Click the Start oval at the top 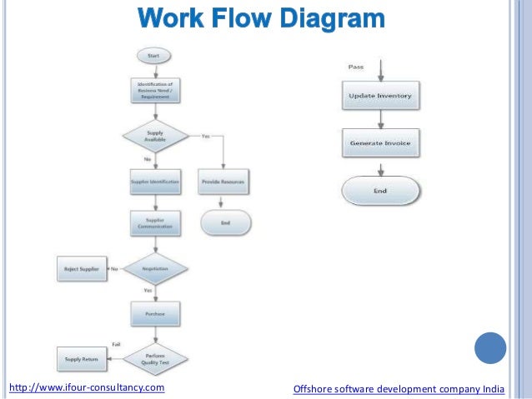tap(154, 57)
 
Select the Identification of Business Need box tap(154, 90)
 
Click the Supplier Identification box tap(155, 181)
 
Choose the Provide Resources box tap(224, 181)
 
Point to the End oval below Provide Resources tap(225, 222)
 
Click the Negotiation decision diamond tap(155, 269)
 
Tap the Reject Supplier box tap(82, 269)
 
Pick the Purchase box tap(155, 314)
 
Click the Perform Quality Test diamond tap(155, 359)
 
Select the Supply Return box tap(82, 359)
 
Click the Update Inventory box tap(380, 96)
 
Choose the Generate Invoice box tap(380, 142)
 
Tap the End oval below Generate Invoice tap(380, 191)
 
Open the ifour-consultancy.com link tap(87, 387)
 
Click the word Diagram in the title tap(333, 19)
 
